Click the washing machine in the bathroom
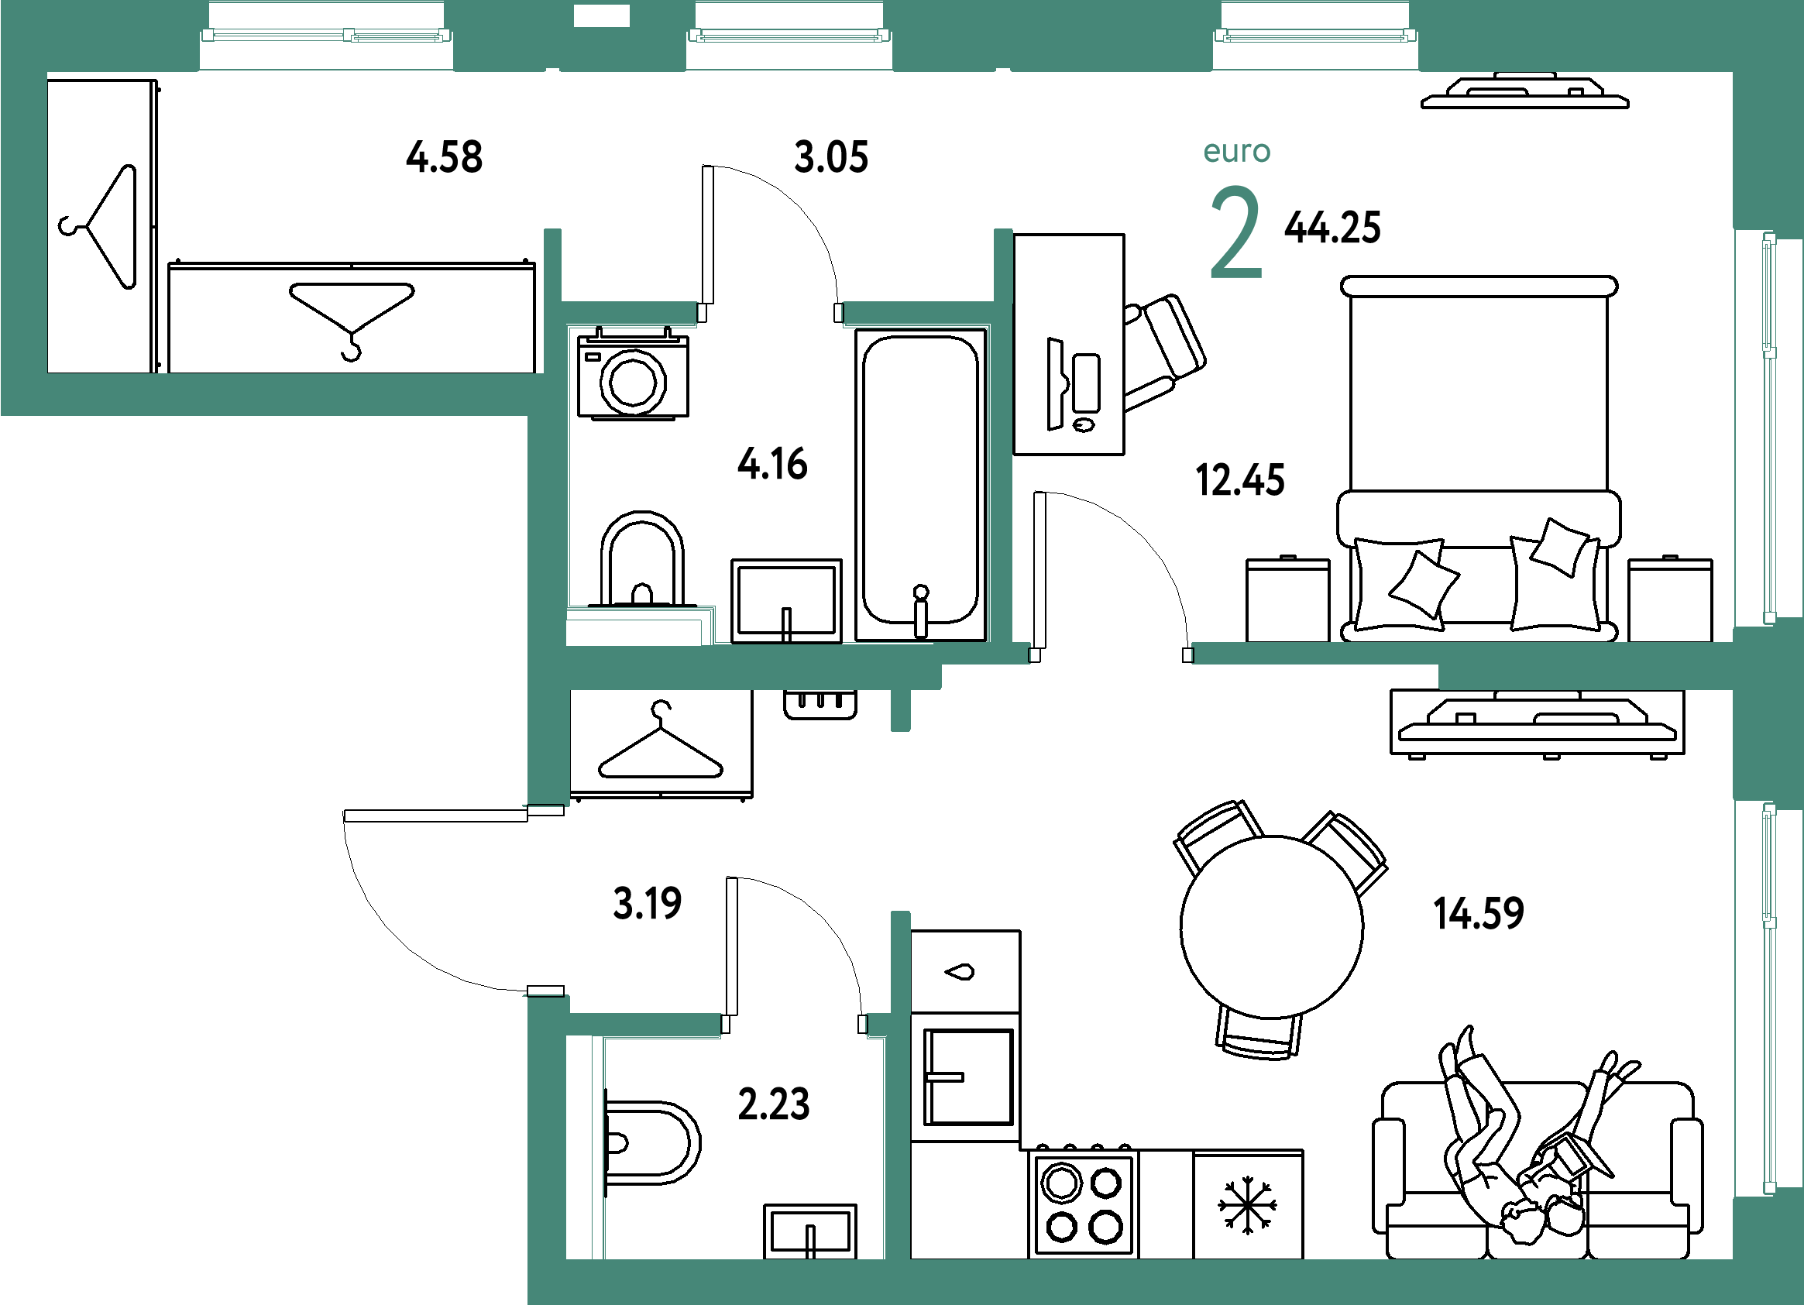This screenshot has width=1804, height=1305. tap(633, 373)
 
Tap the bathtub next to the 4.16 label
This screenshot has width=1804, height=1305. tap(920, 484)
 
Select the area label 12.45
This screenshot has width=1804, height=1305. tap(1240, 480)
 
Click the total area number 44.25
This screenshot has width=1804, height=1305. tap(1332, 228)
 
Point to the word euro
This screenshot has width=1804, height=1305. tap(1237, 151)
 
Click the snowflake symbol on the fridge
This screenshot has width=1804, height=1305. tap(1247, 1206)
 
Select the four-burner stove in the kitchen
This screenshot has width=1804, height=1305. tap(1084, 1203)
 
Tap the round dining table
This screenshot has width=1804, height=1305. tap(1271, 926)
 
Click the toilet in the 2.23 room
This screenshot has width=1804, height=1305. tap(651, 1143)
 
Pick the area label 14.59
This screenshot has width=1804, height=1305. tap(1479, 913)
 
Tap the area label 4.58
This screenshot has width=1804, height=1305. tap(444, 156)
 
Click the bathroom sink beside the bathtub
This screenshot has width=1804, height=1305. tap(786, 600)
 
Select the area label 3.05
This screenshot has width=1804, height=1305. tap(830, 156)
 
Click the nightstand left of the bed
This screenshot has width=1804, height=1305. tap(1288, 599)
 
